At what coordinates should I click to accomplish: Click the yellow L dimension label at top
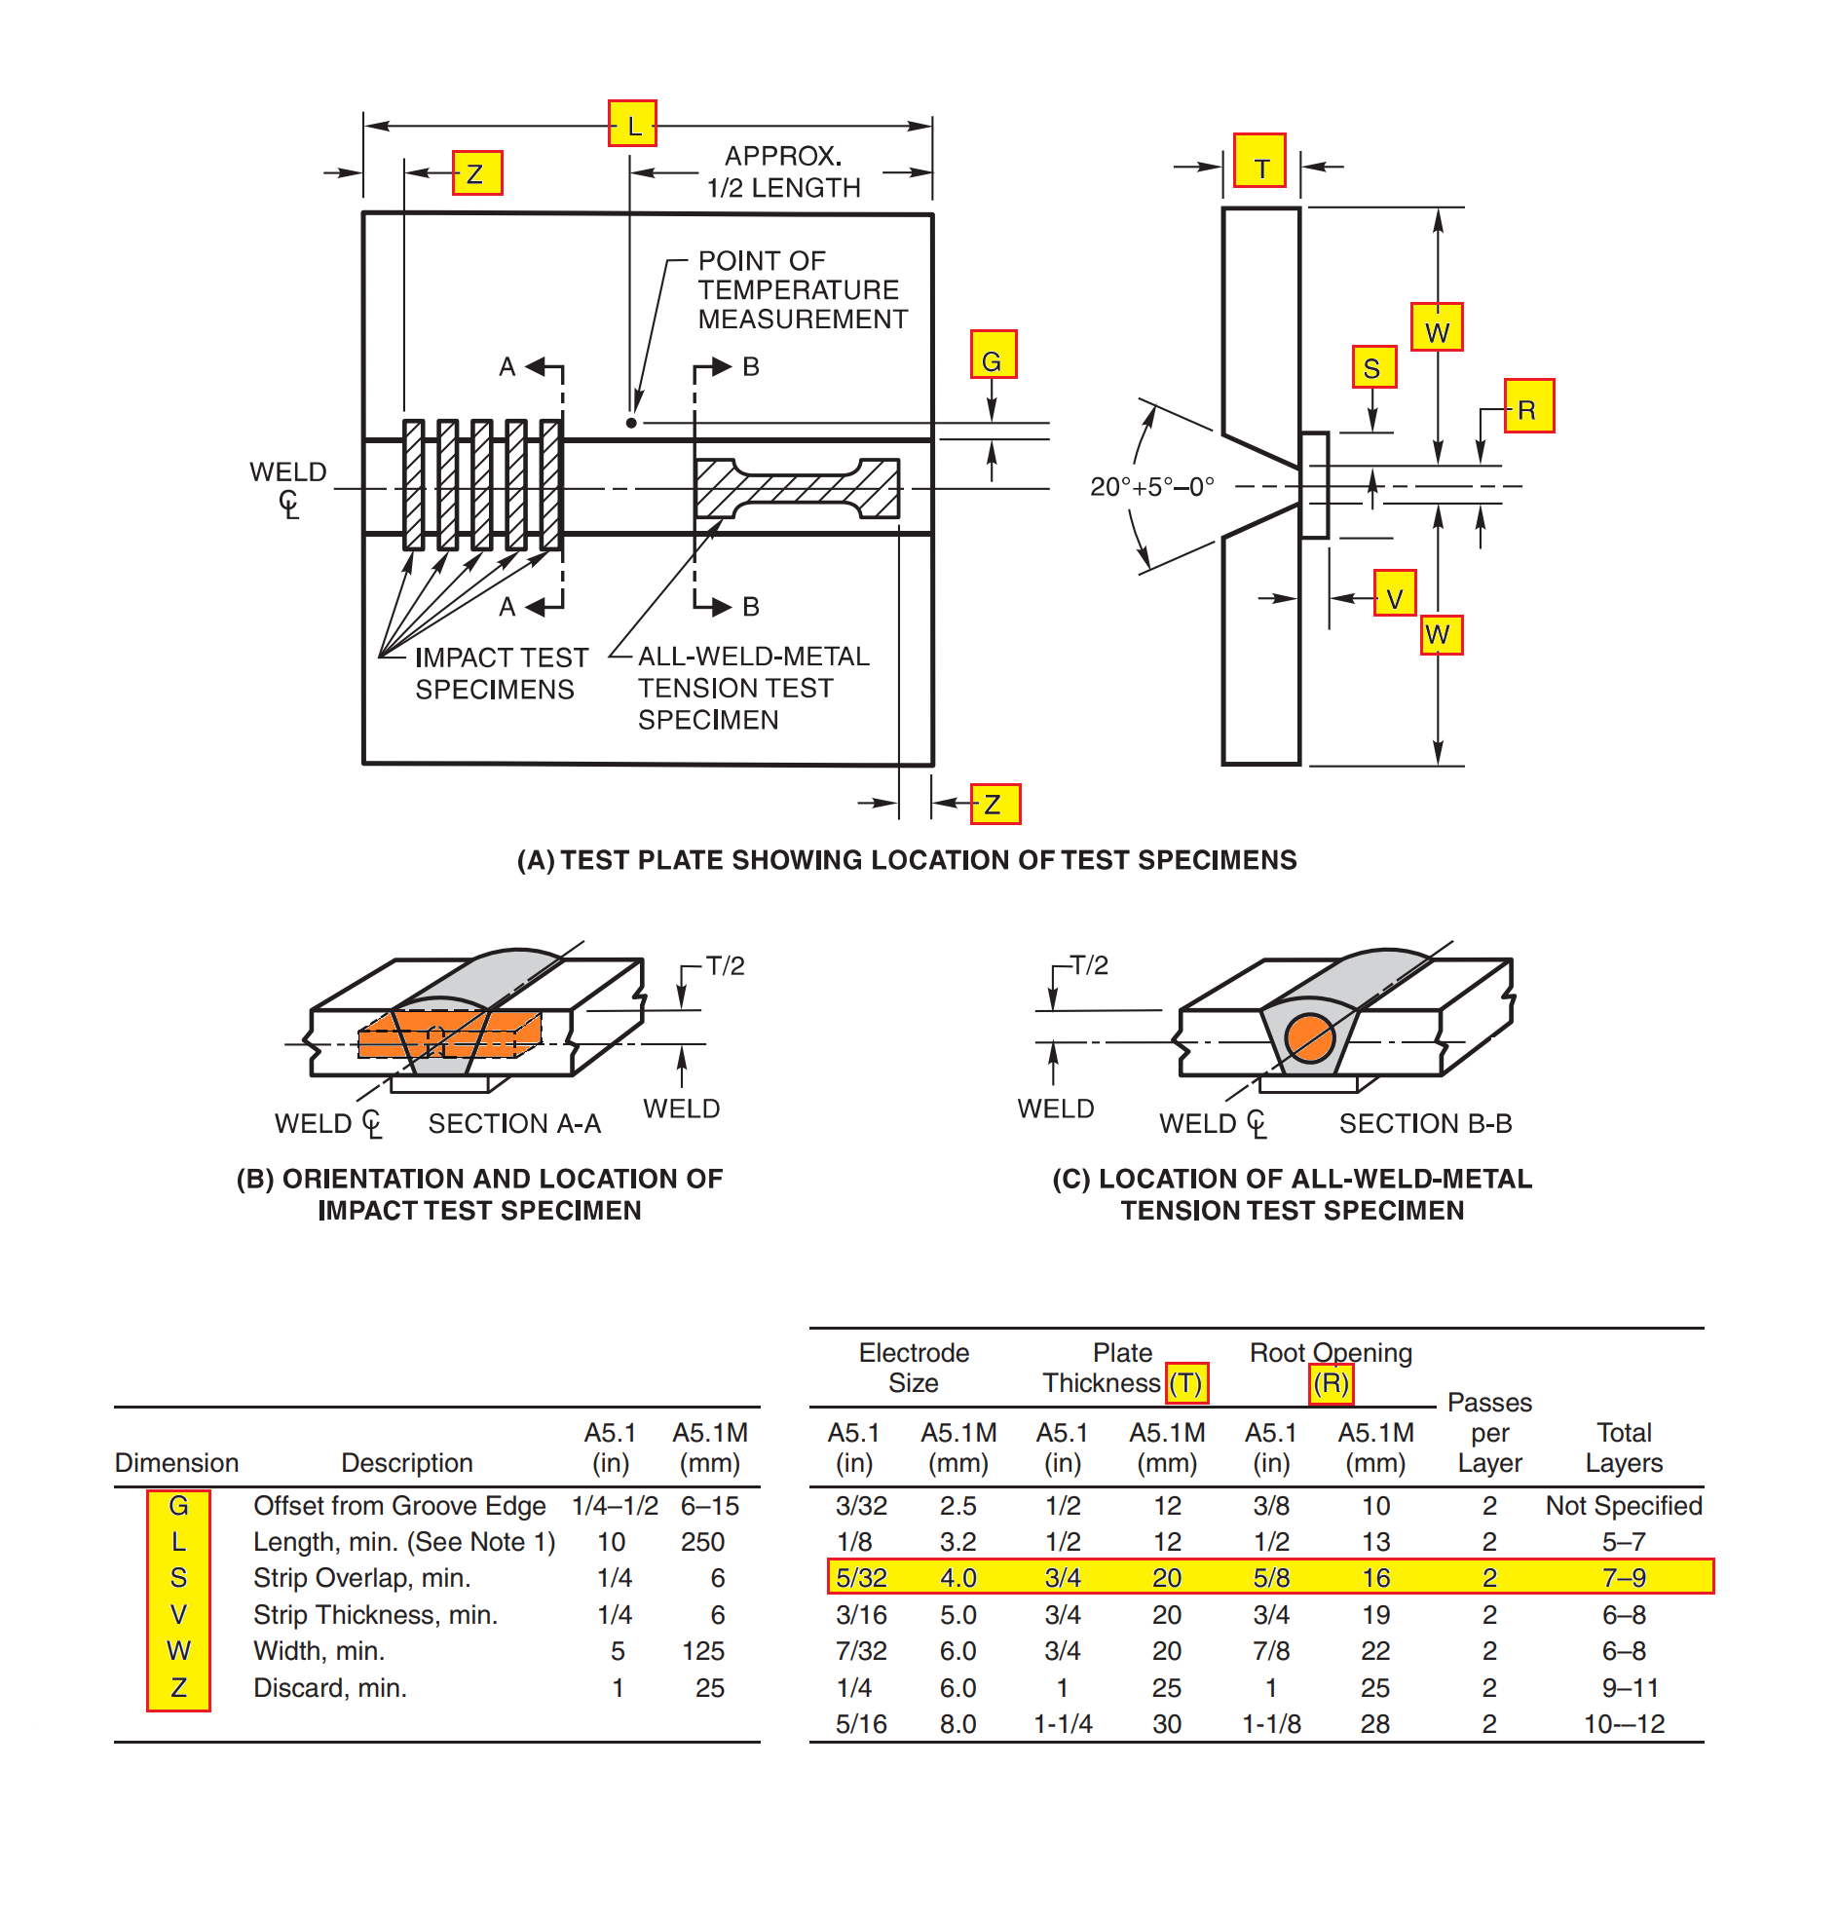tap(631, 124)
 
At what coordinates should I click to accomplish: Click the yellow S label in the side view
tap(1372, 367)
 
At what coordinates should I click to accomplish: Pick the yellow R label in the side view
tap(1528, 406)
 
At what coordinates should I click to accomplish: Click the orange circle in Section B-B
tap(1309, 1037)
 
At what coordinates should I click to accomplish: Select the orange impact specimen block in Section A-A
tap(450, 1035)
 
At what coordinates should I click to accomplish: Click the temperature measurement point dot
tap(631, 423)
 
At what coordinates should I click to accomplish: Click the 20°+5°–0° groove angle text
tap(1151, 486)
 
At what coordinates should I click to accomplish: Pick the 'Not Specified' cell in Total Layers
tap(1622, 1505)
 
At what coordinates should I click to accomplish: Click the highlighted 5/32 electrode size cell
tap(860, 1578)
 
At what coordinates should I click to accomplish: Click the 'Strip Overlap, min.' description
tap(362, 1578)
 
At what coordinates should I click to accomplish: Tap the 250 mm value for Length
tap(702, 1541)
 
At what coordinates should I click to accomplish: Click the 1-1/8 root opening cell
tap(1270, 1723)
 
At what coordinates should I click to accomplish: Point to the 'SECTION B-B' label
tap(1424, 1123)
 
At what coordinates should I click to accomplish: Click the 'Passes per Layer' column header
tap(1487, 1432)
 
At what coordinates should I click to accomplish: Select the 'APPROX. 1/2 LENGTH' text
tap(782, 171)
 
